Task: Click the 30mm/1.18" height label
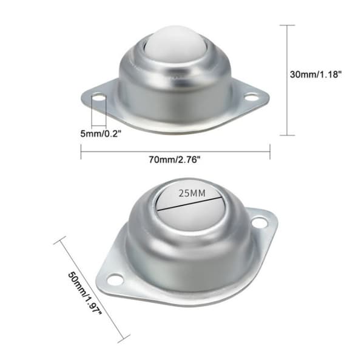pyautogui.click(x=315, y=75)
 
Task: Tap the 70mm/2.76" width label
pyautogui.click(x=175, y=159)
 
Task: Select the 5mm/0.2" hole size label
pyautogui.click(x=101, y=133)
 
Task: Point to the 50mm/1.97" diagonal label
pyautogui.click(x=85, y=293)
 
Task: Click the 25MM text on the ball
pyautogui.click(x=192, y=193)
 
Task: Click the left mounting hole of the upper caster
pyautogui.click(x=99, y=97)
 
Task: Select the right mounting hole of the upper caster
pyautogui.click(x=251, y=97)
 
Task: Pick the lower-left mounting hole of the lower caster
pyautogui.click(x=115, y=279)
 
